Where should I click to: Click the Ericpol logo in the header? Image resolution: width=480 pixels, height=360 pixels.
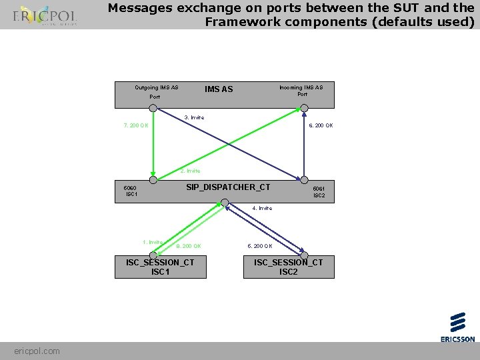click(x=45, y=16)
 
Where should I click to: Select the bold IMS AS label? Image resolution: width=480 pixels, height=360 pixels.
click(x=219, y=89)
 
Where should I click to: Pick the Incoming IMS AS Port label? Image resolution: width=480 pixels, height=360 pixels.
click(x=301, y=90)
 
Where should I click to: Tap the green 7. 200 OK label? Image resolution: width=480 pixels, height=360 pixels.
click(x=136, y=125)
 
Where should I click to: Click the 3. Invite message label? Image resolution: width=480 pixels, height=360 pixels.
click(x=194, y=117)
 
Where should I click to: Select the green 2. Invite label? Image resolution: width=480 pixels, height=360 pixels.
click(x=190, y=171)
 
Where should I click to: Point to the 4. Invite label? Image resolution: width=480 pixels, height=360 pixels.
click(x=262, y=208)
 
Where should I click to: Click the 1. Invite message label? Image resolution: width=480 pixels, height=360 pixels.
click(x=153, y=242)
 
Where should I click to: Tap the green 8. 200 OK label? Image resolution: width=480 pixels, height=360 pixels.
click(x=188, y=246)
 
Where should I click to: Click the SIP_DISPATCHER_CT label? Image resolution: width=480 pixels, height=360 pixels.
click(x=228, y=187)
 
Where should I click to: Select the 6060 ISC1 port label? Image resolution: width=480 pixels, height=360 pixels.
click(x=131, y=191)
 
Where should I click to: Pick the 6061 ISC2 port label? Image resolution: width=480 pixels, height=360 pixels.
click(x=319, y=192)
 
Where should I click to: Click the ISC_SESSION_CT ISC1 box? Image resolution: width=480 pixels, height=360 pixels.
click(x=160, y=267)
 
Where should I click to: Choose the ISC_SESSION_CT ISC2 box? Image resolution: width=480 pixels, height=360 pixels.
click(x=288, y=267)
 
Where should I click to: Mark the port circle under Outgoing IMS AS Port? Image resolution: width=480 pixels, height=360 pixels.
click(x=153, y=107)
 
